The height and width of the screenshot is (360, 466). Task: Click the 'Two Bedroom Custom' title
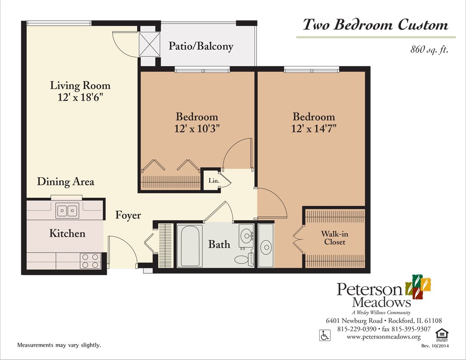click(x=375, y=25)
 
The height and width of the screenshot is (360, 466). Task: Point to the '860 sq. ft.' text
click(x=429, y=50)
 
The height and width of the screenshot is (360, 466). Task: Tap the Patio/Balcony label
click(x=201, y=46)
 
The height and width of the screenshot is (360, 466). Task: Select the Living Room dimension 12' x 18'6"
click(x=80, y=97)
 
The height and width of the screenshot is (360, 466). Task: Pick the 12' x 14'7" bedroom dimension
click(x=314, y=128)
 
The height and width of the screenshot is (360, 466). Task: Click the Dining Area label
click(x=66, y=182)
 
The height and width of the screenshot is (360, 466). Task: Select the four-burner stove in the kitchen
click(x=90, y=260)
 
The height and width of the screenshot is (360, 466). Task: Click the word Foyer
click(x=128, y=215)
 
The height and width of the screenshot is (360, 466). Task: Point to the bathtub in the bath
click(x=190, y=246)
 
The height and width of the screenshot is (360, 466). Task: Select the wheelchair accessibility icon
click(x=324, y=335)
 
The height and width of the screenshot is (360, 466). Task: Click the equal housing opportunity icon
click(x=440, y=334)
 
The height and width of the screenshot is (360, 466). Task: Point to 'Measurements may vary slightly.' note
click(x=59, y=345)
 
